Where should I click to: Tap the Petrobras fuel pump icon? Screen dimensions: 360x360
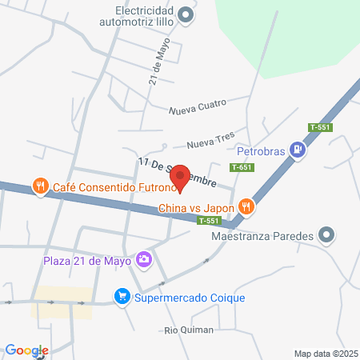[x=298, y=149]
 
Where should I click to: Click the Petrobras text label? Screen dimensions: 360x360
[x=262, y=149]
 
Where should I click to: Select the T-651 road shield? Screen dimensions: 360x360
[x=242, y=167]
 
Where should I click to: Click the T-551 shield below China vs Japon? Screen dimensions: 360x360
[x=209, y=221]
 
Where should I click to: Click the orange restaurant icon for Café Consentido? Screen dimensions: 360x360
[x=38, y=187]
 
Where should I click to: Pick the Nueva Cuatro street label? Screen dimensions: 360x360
[x=198, y=105]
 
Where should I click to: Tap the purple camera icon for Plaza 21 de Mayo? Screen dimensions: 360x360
[x=144, y=258]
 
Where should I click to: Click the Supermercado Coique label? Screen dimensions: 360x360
[x=190, y=298]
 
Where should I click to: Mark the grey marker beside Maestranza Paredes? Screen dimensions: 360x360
[x=326, y=235]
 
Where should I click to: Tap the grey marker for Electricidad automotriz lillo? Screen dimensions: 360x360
[x=186, y=14]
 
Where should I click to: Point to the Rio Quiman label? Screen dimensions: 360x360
[x=189, y=330]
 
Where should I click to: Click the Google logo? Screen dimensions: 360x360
[x=26, y=350]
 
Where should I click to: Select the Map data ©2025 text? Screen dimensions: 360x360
[x=324, y=354]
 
